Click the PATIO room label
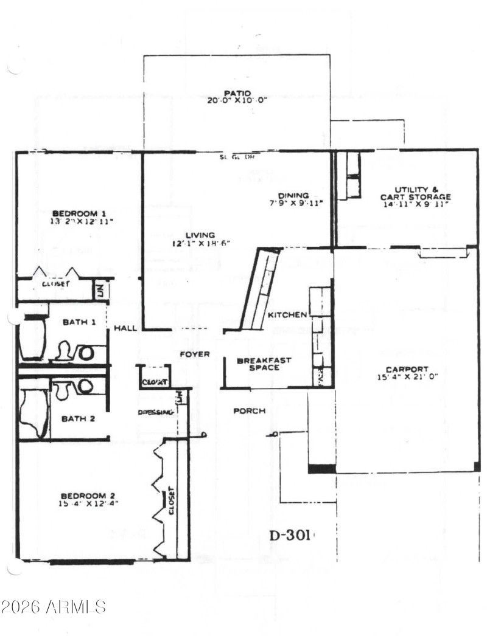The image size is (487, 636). [x=237, y=93]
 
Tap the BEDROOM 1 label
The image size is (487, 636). [x=79, y=213]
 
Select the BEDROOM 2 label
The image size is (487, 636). [x=88, y=496]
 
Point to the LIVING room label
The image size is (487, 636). [x=200, y=235]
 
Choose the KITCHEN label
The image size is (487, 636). [x=287, y=314]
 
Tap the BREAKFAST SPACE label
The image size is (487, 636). [x=264, y=364]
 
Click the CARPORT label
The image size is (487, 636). [x=407, y=369]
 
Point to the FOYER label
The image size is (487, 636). [x=194, y=354]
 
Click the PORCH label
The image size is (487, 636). [x=250, y=411]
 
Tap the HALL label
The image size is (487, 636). [x=125, y=328]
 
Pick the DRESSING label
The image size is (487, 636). [x=156, y=412]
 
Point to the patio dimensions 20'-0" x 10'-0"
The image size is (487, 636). [x=237, y=101]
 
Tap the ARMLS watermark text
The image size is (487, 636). [x=54, y=606]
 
